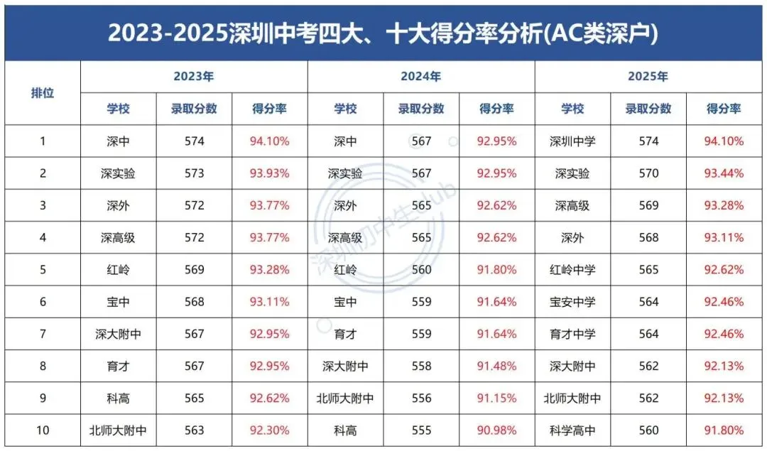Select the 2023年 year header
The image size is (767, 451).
coord(193,77)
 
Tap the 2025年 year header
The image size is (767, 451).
coord(648,77)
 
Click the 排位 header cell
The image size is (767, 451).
coord(43,93)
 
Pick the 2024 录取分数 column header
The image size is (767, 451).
coord(421,109)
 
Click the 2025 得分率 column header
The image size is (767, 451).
coord(724,109)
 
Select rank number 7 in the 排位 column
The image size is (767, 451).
coord(43,334)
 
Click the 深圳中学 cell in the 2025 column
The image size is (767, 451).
coord(572,141)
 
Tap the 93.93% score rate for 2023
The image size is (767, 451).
coord(269,173)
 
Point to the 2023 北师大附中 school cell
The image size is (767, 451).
coord(118,430)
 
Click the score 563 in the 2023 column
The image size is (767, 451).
coord(193,430)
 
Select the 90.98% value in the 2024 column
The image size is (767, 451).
coord(496,430)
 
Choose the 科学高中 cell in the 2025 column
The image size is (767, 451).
coord(572,430)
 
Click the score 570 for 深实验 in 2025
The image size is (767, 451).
coord(648,173)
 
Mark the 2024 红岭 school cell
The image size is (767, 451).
coord(345,270)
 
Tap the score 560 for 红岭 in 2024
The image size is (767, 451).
coord(421,270)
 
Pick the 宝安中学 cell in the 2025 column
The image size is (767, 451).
coord(572,302)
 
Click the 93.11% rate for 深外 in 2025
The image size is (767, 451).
coord(724,238)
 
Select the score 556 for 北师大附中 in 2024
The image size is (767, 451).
coord(421,398)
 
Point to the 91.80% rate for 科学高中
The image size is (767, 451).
coord(724,430)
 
